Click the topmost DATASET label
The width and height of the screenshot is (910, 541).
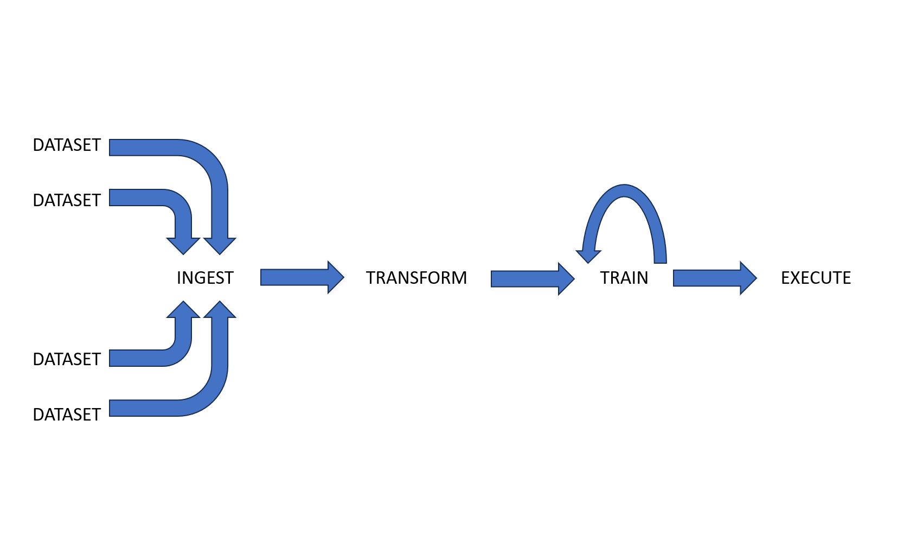pos(67,145)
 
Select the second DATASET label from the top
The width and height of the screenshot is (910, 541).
pos(67,201)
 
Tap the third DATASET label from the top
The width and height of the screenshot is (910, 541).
pos(67,360)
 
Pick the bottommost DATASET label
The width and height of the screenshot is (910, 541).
pos(67,415)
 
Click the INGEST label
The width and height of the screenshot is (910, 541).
pos(205,278)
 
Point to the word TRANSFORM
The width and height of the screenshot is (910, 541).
pos(416,278)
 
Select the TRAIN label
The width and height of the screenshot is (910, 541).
pos(624,278)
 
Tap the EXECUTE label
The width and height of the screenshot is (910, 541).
pos(816,278)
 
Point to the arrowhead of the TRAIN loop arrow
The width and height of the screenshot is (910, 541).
pos(588,254)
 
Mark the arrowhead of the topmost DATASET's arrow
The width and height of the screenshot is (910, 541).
pos(220,245)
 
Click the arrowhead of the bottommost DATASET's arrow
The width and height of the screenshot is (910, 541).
pos(220,310)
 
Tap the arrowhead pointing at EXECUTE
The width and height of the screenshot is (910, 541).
pos(748,278)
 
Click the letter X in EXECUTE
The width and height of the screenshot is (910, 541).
pos(797,278)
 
